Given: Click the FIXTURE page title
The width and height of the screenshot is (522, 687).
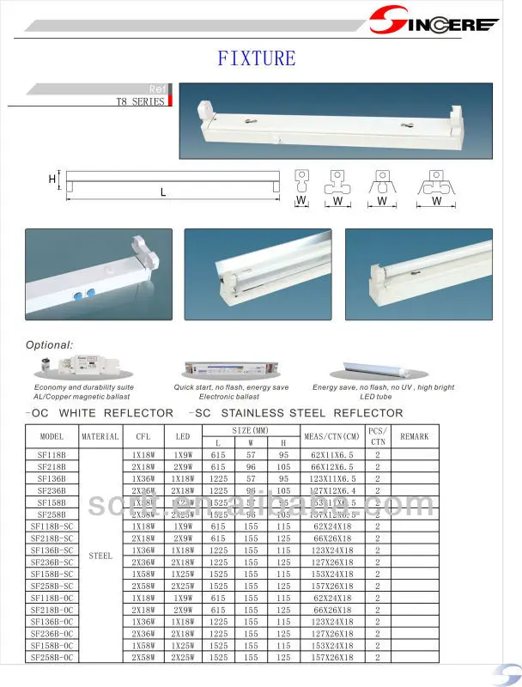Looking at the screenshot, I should coord(256,58).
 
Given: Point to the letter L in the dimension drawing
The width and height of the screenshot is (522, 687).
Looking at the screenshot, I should coord(162,193).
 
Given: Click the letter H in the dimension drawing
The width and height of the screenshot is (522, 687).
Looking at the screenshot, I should coord(52,179).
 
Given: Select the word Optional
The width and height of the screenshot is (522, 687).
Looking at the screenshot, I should coord(50,344).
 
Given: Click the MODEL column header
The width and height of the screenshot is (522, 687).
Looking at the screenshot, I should coord(52,436).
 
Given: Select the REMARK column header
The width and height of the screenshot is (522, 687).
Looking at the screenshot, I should coord(414,436).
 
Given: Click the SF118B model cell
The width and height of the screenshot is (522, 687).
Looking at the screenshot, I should coord(52,453).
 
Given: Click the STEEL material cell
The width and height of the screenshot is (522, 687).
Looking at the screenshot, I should coord(100,556).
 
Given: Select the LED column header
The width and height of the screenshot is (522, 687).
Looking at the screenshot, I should coord(182,436).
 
